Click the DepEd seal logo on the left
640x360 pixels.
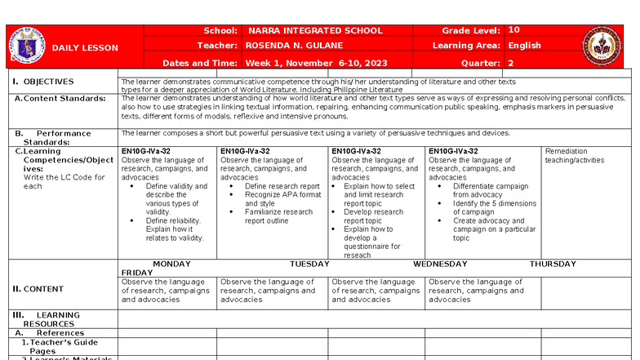(x=26, y=47)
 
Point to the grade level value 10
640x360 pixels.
(x=513, y=30)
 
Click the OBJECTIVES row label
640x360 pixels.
(x=47, y=82)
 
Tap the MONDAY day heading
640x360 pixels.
(x=171, y=264)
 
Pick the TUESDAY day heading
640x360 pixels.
(x=309, y=264)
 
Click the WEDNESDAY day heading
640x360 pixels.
(x=440, y=264)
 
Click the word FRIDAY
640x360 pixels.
(x=137, y=273)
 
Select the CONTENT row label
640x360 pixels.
(x=42, y=289)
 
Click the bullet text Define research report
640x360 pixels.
(x=282, y=186)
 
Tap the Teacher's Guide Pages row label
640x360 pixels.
(x=54, y=347)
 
